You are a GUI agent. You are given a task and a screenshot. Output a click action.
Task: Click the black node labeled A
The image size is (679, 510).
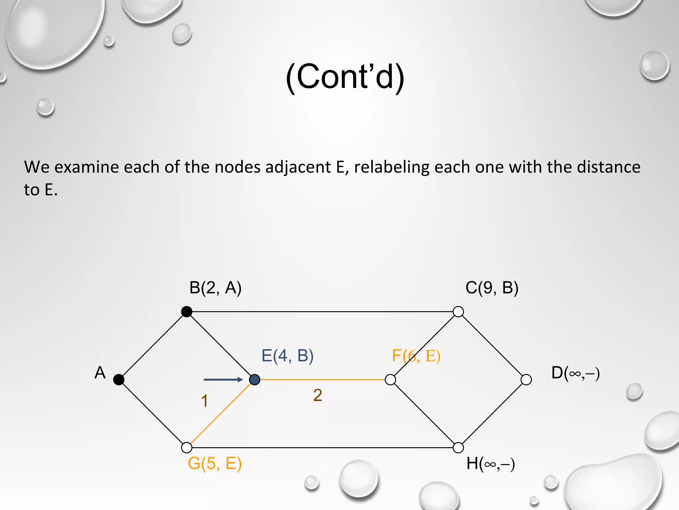pos(119,380)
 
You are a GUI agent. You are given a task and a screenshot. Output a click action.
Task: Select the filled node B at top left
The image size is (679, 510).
pos(187,311)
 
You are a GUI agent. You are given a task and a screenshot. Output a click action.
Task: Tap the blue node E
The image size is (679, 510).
pos(255,380)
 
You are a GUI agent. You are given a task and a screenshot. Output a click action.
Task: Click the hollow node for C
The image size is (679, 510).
pos(458,311)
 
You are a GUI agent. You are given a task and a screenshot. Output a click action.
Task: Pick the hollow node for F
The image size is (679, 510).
pos(391,380)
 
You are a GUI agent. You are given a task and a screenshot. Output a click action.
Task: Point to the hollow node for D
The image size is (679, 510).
pos(526,380)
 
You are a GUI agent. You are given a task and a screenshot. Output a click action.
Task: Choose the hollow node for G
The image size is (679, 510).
pos(187,448)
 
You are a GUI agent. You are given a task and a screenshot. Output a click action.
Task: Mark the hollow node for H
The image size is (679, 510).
pos(458,448)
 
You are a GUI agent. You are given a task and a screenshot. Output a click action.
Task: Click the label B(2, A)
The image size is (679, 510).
pos(215,288)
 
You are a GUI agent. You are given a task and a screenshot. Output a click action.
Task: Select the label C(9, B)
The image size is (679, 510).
pos(492,288)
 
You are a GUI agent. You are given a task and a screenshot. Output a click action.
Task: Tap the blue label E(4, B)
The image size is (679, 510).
pos(287,356)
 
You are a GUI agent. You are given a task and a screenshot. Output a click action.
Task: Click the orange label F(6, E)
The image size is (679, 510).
pos(416,356)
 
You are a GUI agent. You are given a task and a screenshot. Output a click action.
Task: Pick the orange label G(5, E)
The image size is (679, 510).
pos(215,463)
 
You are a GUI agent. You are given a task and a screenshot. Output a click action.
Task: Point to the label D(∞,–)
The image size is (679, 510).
pos(575,373)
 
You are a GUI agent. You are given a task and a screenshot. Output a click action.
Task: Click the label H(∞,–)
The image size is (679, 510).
pos(490,464)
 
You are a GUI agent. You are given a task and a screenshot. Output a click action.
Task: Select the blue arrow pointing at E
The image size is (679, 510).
pos(223,380)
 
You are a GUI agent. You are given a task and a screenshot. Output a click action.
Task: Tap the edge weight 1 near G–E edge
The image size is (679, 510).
pos(205,401)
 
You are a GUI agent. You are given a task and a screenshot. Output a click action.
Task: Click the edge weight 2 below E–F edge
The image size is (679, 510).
pos(318,395)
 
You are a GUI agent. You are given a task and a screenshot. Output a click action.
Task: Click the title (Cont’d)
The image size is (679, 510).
pos(345,77)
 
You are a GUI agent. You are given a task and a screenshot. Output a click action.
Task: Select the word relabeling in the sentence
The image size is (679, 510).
pos(392,167)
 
